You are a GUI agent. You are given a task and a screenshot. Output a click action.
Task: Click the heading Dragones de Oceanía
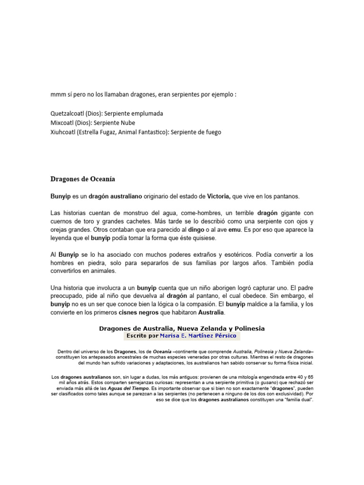tap(82, 179)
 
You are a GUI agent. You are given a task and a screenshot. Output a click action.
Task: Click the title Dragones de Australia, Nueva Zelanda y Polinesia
tap(182, 328)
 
